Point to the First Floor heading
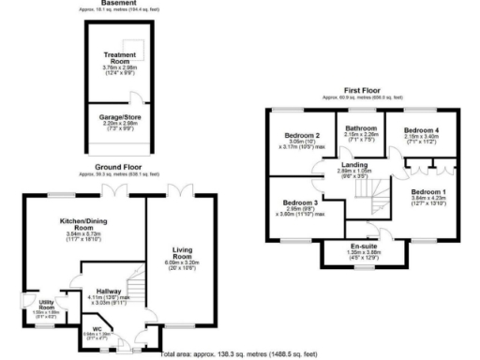click(362, 91)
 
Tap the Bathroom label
click(360, 127)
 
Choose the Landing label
click(354, 166)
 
